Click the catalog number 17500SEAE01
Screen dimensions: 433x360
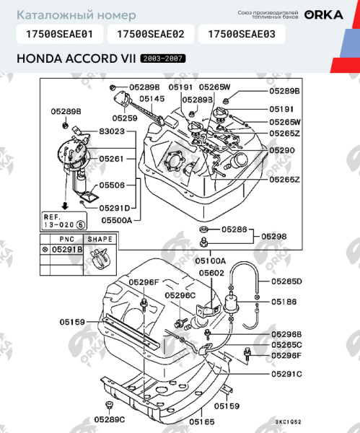click(59, 33)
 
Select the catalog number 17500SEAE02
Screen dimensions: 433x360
click(150, 33)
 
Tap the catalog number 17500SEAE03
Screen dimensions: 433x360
click(241, 33)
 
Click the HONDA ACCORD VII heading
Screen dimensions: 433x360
click(75, 57)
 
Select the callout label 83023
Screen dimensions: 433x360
click(112, 132)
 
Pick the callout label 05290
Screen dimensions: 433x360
click(283, 150)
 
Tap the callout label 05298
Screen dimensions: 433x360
click(274, 236)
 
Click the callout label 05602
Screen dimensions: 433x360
click(211, 274)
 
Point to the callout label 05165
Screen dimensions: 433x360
click(202, 421)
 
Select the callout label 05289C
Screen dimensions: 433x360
click(109, 419)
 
